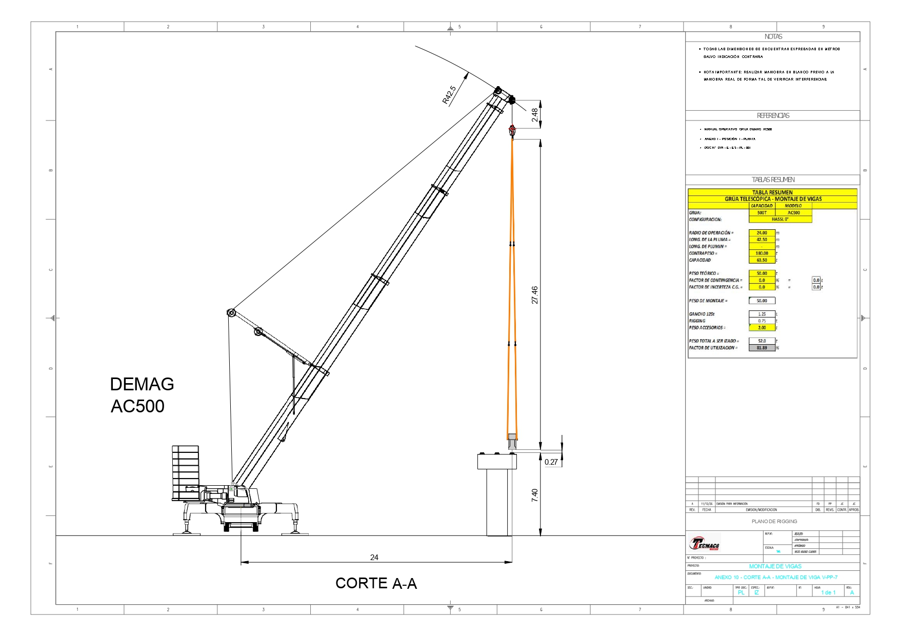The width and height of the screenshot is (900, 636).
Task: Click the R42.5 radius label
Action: tap(449, 95)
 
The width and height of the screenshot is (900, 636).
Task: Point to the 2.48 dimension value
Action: tap(535, 115)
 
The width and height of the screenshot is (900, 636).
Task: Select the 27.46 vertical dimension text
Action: tap(535, 295)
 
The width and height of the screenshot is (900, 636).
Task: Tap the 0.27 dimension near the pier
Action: tap(551, 462)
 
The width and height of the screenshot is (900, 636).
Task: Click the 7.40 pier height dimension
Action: tap(535, 495)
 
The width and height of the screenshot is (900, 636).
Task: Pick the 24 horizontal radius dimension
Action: tap(374, 557)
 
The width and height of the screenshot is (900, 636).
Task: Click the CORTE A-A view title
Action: tap(376, 583)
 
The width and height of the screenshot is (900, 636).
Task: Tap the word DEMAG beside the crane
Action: tap(142, 384)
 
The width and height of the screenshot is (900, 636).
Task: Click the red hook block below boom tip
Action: tap(512, 130)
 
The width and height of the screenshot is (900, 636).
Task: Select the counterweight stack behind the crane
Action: tap(186, 472)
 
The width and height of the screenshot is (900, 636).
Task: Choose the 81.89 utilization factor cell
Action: tap(762, 348)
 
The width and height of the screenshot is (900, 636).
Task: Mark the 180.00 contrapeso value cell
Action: tap(762, 253)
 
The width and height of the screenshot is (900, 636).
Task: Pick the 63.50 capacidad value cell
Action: tap(762, 260)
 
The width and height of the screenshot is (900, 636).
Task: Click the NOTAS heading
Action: tap(773, 37)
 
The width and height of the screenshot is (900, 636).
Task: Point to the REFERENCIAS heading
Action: tap(773, 115)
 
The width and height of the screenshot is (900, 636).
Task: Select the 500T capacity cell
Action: tap(762, 212)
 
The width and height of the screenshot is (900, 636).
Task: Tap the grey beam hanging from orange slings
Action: tap(512, 441)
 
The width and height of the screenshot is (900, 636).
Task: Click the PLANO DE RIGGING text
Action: tap(774, 521)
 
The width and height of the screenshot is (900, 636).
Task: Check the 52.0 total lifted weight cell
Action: tap(762, 341)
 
